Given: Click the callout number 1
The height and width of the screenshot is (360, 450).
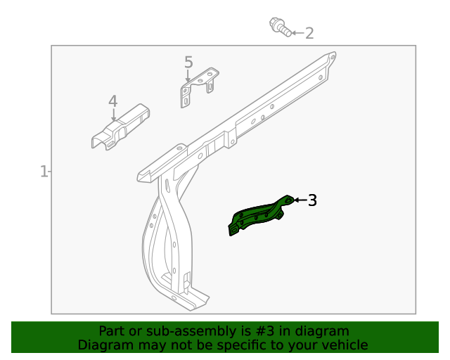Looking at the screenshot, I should point(44,171).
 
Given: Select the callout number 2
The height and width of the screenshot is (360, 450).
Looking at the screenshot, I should point(309,33).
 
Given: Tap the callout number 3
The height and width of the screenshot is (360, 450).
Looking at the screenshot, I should point(312,200).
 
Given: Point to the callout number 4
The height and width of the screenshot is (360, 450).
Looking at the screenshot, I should point(112,102).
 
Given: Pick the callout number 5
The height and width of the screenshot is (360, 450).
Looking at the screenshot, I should point(188,63).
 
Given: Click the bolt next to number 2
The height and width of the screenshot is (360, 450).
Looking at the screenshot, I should point(281,28).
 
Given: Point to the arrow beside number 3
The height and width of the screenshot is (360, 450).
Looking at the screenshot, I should point(299,200).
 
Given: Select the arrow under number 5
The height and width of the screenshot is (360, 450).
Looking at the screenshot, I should point(188,77).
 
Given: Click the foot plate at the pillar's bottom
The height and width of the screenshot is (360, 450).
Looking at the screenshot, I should point(190,300).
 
